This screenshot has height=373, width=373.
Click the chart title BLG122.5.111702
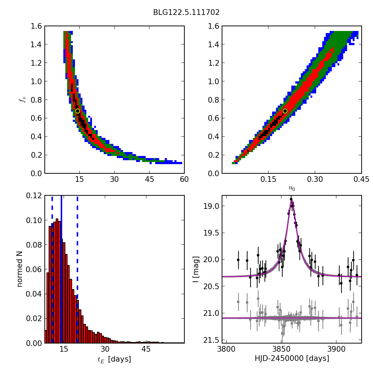(x=186, y=12)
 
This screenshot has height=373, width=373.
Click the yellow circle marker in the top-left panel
(x=77, y=111)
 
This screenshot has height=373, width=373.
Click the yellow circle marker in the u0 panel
(x=285, y=111)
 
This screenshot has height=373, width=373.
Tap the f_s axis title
(x=22, y=100)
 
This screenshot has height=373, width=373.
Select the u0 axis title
(x=292, y=188)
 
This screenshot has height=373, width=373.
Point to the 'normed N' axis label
(x=20, y=269)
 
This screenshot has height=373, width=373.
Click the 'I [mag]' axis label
(x=196, y=269)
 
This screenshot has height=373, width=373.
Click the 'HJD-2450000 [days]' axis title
(x=292, y=358)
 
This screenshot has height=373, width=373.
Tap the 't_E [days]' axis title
(x=114, y=359)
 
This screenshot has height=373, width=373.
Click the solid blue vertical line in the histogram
(x=61, y=269)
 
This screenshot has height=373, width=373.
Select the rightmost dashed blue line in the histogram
(x=77, y=269)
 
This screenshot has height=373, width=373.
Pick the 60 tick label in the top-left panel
(x=184, y=179)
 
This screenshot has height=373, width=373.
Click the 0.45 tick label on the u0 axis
(x=361, y=179)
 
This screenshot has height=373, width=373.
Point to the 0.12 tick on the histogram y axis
(x=34, y=195)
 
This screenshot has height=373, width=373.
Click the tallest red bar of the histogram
(x=57, y=281)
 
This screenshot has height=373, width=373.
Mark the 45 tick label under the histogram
(x=146, y=349)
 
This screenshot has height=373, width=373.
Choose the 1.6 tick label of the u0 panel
(x=213, y=26)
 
